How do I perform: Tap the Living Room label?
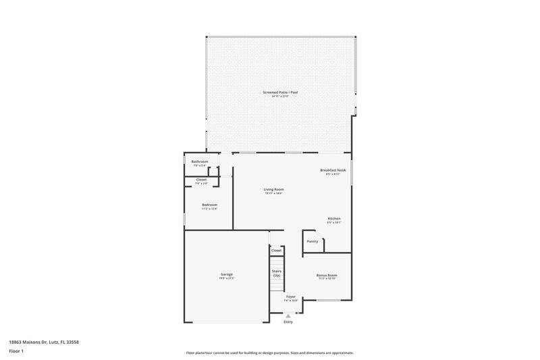tap(273, 189)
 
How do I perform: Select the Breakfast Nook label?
tap(333, 170)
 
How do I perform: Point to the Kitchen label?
tap(334, 219)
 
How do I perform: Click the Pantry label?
tap(312, 241)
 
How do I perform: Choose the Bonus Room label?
tap(327, 275)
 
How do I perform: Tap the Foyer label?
tap(290, 297)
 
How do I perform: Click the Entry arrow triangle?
tap(289, 315)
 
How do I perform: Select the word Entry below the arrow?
tap(289, 322)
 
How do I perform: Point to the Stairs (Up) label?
tap(277, 273)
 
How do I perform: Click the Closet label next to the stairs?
tap(276, 251)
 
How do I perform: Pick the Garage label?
tap(226, 274)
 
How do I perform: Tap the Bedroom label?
tap(209, 205)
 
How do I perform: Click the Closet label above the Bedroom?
tap(201, 180)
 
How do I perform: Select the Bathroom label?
tap(200, 161)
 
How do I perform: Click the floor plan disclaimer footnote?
tap(270, 353)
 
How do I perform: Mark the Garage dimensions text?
tap(226, 278)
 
